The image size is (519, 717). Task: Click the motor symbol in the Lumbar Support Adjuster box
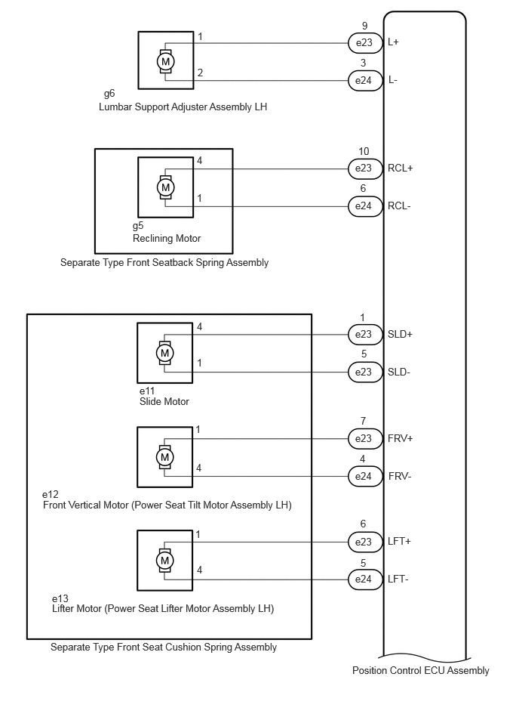(x=166, y=61)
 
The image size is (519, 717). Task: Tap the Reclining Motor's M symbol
(x=166, y=187)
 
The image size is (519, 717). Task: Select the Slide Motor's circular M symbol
(x=164, y=353)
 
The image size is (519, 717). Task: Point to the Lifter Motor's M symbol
(x=164, y=560)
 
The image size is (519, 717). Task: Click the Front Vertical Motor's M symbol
(x=164, y=457)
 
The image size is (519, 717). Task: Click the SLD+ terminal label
(x=400, y=334)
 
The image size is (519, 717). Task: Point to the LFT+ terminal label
(x=399, y=542)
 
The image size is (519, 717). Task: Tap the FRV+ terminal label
(x=401, y=438)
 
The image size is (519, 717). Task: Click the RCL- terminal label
(x=399, y=206)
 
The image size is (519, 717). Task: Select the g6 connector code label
(x=109, y=94)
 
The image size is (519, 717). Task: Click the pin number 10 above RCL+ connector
(x=364, y=151)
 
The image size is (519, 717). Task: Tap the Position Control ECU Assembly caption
(x=421, y=671)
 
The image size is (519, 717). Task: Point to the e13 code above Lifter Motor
(x=60, y=598)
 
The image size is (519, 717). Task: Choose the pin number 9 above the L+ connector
(x=364, y=26)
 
